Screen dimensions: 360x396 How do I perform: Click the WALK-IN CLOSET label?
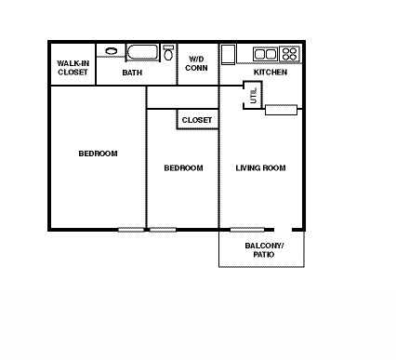(x=73, y=67)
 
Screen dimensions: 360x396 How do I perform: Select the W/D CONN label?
(x=196, y=62)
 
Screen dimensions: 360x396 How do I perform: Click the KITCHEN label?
(x=271, y=73)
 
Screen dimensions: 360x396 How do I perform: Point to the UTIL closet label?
(x=252, y=95)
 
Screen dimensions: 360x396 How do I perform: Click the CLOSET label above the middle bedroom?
(x=196, y=120)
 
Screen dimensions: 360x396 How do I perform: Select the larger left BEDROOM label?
(x=98, y=153)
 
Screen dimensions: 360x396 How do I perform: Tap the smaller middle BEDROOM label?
(x=183, y=168)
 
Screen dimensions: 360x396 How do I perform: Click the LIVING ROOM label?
(x=260, y=168)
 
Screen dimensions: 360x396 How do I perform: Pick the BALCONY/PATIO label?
(x=266, y=249)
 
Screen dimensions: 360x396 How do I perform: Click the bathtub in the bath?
(x=142, y=52)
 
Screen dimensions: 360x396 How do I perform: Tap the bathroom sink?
(x=112, y=52)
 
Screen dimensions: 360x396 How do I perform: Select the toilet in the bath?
(x=168, y=52)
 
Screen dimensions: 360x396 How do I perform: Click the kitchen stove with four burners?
(x=289, y=54)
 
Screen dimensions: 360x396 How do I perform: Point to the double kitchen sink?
(x=266, y=54)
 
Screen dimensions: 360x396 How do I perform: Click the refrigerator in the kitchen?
(x=228, y=53)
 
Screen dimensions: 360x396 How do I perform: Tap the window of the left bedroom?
(x=131, y=230)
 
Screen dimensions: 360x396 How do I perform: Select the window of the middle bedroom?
(x=163, y=230)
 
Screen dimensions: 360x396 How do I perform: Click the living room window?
(x=245, y=230)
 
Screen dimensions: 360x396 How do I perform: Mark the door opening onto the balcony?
(x=283, y=230)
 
